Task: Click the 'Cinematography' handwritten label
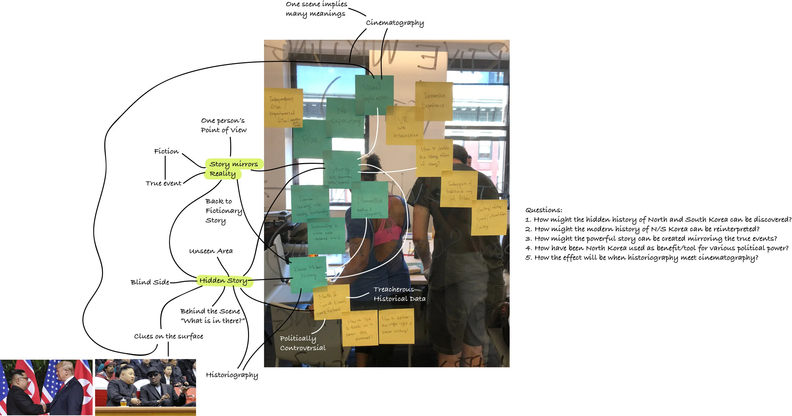click(394, 23)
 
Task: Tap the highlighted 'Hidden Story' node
click(224, 281)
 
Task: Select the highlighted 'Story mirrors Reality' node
click(233, 169)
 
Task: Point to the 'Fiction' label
click(166, 151)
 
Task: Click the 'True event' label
click(163, 183)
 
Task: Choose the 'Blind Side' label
click(150, 282)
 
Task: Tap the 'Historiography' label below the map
click(232, 375)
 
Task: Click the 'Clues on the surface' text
click(169, 336)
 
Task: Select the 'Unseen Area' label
click(211, 251)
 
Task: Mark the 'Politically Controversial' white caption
click(303, 343)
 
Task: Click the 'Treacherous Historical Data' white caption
click(399, 294)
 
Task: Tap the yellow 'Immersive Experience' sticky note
click(434, 101)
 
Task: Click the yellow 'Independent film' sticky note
click(283, 108)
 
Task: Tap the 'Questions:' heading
click(544, 210)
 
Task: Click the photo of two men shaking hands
click(46, 387)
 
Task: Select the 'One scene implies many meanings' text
click(316, 9)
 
